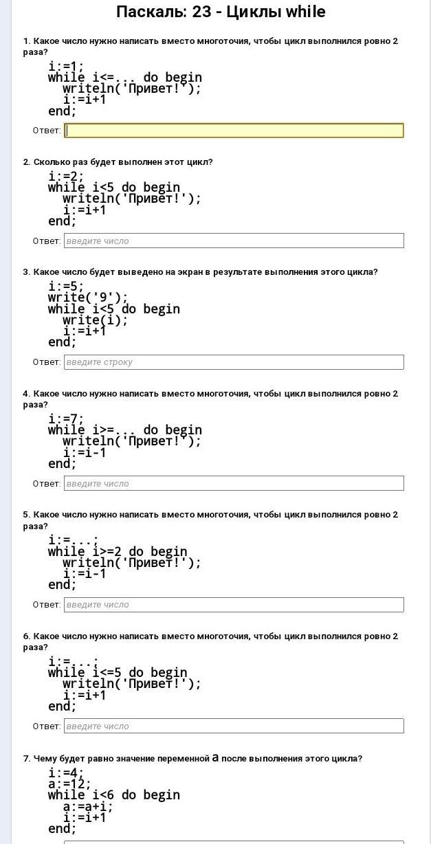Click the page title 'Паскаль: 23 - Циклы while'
[x=221, y=12]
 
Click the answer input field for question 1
[x=234, y=131]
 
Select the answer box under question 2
[x=234, y=241]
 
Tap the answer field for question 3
[x=234, y=362]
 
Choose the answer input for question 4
[x=234, y=483]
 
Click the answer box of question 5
[x=234, y=605]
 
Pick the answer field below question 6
[x=234, y=726]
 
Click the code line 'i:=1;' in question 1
[x=66, y=67]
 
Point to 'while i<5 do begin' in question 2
[x=114, y=188]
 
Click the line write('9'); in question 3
[x=88, y=298]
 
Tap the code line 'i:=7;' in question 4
[x=66, y=419]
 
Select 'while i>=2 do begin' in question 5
[x=118, y=552]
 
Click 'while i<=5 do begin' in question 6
[x=118, y=673]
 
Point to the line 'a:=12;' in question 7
[x=69, y=784]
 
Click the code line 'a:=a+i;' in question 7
[x=88, y=806]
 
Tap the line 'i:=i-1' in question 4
[x=85, y=453]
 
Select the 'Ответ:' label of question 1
[x=47, y=131]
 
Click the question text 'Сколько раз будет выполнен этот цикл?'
[x=123, y=162]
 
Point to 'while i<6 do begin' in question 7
[x=114, y=795]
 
